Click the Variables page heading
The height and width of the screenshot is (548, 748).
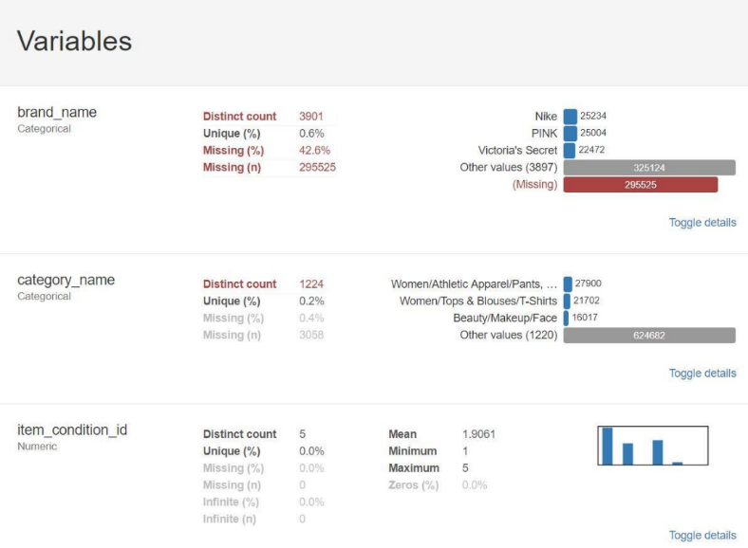click(74, 42)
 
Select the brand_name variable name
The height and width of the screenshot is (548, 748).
click(57, 112)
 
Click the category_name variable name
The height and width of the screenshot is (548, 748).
click(65, 280)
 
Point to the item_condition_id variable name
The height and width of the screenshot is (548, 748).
click(72, 430)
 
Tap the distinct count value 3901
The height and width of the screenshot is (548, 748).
click(311, 117)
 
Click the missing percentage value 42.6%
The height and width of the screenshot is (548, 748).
click(314, 151)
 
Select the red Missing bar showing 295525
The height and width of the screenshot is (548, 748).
click(640, 185)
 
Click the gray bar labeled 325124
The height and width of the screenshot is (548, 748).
click(649, 168)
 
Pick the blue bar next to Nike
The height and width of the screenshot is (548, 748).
click(570, 117)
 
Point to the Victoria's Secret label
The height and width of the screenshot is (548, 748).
click(517, 151)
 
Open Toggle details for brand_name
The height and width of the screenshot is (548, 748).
click(702, 223)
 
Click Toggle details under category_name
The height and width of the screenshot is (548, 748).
click(702, 374)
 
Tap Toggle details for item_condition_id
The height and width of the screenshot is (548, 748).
click(702, 536)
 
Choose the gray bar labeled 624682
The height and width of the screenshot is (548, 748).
click(649, 336)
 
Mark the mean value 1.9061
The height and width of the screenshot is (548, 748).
click(479, 434)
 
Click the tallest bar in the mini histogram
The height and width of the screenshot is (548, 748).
click(607, 447)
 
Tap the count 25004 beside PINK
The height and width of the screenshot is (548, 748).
click(593, 134)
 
